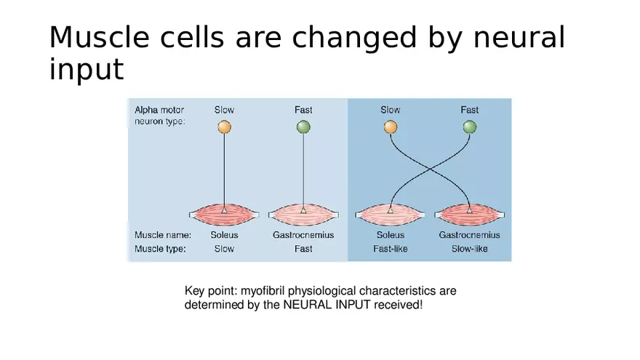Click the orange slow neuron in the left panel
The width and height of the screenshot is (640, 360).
[224, 127]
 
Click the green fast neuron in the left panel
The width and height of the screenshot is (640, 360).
[303, 127]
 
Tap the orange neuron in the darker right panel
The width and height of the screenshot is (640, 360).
[391, 127]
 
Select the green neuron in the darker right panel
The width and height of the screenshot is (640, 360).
[470, 127]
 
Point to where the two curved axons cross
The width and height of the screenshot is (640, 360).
[430, 169]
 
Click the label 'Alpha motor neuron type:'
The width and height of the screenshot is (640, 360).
[159, 116]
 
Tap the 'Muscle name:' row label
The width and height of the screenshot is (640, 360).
[163, 235]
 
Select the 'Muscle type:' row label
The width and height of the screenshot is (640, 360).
[160, 249]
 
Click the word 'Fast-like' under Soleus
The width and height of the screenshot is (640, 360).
[391, 249]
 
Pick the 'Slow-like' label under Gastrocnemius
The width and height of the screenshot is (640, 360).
[469, 249]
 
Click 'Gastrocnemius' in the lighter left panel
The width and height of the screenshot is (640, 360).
[303, 235]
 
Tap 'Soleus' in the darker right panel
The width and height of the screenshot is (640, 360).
[391, 235]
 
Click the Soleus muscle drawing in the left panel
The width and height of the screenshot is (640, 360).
[224, 215]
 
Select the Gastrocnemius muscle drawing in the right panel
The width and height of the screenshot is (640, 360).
[469, 215]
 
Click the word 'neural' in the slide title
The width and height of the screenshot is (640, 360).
[519, 37]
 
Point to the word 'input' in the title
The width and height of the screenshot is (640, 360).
[86, 70]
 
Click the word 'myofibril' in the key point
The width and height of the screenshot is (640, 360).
[263, 291]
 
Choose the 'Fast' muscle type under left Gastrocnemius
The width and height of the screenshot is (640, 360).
[303, 249]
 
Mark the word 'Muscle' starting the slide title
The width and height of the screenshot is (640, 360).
[99, 37]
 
